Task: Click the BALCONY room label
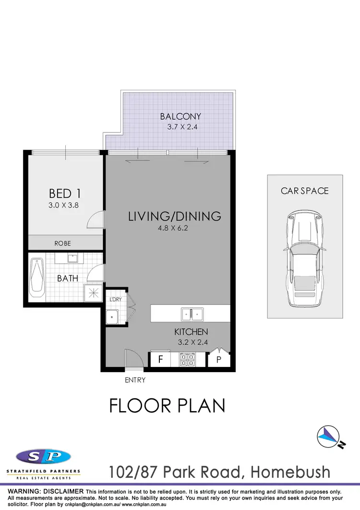click(180, 116)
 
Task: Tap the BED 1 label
click(65, 194)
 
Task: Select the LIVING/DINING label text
click(175, 216)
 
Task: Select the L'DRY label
click(115, 300)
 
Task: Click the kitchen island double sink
click(192, 315)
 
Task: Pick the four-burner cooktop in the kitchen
click(187, 360)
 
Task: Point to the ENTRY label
click(135, 380)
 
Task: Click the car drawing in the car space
click(304, 259)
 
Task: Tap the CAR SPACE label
click(305, 191)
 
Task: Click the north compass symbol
click(329, 437)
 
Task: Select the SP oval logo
click(43, 456)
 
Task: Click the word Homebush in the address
click(292, 472)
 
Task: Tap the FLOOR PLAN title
click(167, 406)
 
